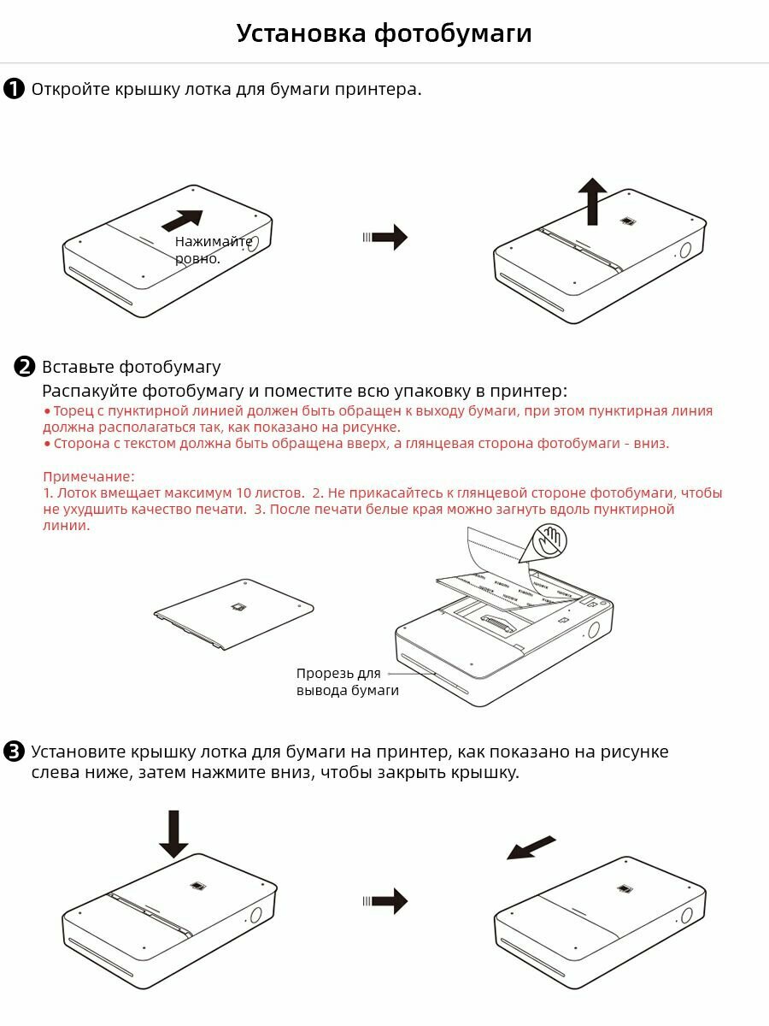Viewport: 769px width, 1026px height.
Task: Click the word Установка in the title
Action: (301, 33)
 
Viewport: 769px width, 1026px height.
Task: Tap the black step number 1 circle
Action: (14, 89)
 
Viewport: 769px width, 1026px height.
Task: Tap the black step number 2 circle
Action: (25, 367)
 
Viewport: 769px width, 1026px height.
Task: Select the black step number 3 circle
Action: (14, 752)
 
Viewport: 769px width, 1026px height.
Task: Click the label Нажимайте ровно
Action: (214, 250)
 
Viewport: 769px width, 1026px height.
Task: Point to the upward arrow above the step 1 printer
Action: (592, 202)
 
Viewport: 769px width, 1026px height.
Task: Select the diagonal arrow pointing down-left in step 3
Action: (531, 848)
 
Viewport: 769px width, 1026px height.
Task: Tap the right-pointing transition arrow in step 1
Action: (385, 238)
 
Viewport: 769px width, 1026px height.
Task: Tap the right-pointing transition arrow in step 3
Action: (385, 900)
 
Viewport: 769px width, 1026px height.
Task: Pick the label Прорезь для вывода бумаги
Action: (348, 681)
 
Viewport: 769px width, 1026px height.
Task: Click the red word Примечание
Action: (88, 477)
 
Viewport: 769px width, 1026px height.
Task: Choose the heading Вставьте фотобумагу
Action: (132, 368)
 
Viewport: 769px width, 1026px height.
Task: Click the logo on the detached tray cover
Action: (239, 607)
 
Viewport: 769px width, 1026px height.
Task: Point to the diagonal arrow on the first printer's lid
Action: (183, 220)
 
